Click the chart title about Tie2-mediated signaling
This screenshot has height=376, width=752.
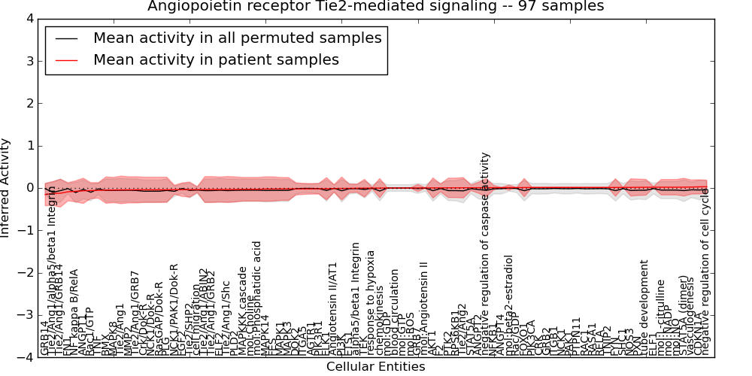click(375, 7)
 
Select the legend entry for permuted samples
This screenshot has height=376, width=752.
click(237, 38)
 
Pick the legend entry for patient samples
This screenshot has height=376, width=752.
click(216, 59)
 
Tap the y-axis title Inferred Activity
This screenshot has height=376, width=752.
click(6, 188)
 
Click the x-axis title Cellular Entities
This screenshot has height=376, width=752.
click(375, 367)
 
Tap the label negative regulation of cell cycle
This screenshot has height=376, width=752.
click(706, 271)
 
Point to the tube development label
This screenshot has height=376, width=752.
click(644, 308)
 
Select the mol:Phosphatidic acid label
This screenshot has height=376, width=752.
click(257, 298)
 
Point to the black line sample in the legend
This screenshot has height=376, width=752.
click(65, 38)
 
